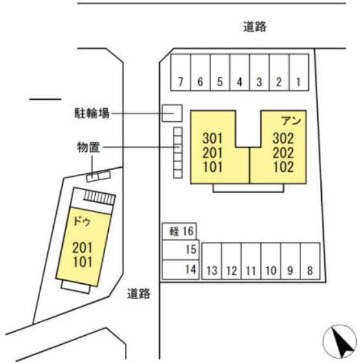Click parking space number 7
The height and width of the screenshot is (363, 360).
click(181, 72)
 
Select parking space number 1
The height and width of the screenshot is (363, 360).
click(299, 72)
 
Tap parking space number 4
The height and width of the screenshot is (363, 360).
click(240, 72)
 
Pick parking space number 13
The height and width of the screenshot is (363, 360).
click(212, 261)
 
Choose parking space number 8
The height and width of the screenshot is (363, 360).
click(310, 261)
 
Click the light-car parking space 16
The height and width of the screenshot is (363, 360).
click(179, 231)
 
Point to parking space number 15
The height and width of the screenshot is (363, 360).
click(181, 250)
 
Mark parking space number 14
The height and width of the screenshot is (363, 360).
click(181, 270)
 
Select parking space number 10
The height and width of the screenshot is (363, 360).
click(271, 261)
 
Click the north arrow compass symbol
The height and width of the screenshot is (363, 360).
click(340, 341)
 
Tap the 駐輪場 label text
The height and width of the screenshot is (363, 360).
click(91, 113)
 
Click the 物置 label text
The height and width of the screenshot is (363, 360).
click(88, 147)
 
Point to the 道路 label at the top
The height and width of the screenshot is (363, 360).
click(255, 27)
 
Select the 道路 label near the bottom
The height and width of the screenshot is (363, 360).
click(139, 294)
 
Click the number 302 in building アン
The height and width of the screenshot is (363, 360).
click(283, 138)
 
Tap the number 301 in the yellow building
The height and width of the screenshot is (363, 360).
click(212, 138)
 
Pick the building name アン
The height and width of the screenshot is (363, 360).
click(291, 121)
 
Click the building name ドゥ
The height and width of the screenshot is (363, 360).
click(82, 222)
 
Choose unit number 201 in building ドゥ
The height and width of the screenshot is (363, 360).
click(82, 248)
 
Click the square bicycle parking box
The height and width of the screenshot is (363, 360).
click(172, 113)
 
